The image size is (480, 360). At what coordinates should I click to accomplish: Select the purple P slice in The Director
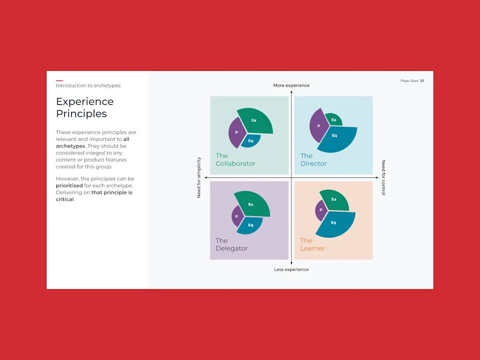[x=318, y=125]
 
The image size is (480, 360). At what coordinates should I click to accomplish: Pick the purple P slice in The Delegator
[x=237, y=216]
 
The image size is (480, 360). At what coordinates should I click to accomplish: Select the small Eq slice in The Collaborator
[x=251, y=140]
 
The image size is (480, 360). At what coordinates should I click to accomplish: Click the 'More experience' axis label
[x=292, y=85]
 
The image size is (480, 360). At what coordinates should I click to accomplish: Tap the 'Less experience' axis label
[x=292, y=269]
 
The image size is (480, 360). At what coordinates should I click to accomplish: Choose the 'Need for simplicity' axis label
[x=199, y=177]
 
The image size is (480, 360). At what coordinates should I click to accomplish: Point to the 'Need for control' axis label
[x=383, y=177]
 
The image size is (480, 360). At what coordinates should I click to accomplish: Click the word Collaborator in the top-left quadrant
[x=236, y=164]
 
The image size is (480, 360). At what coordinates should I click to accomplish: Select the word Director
[x=313, y=164]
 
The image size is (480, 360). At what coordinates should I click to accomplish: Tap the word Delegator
[x=232, y=248]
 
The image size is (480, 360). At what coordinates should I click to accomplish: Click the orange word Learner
[x=312, y=248]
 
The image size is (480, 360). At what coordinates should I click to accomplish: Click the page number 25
[x=422, y=81]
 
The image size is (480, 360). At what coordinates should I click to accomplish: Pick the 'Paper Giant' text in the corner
[x=409, y=81]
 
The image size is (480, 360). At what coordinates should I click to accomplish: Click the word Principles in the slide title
[x=81, y=114]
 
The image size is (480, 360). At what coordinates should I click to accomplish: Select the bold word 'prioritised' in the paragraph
[x=69, y=185]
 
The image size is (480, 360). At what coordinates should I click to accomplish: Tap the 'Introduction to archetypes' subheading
[x=88, y=86]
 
